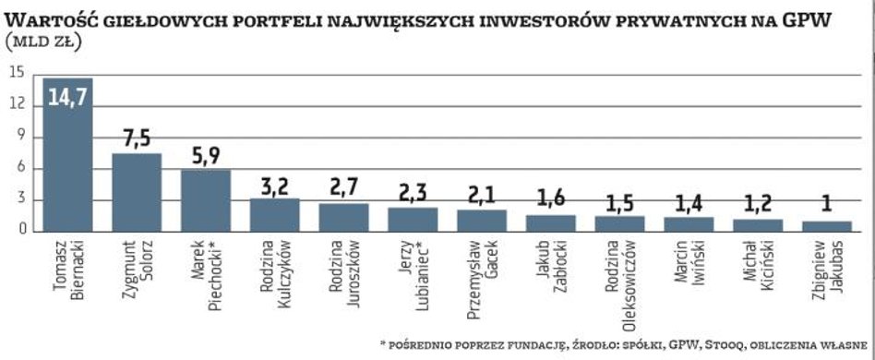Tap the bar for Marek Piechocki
[206, 200]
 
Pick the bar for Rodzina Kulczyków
[274, 214]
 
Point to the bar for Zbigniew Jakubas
[827, 226]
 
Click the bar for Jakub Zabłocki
[550, 222]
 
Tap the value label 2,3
[413, 193]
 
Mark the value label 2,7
[343, 188]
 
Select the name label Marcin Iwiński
[689, 268]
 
